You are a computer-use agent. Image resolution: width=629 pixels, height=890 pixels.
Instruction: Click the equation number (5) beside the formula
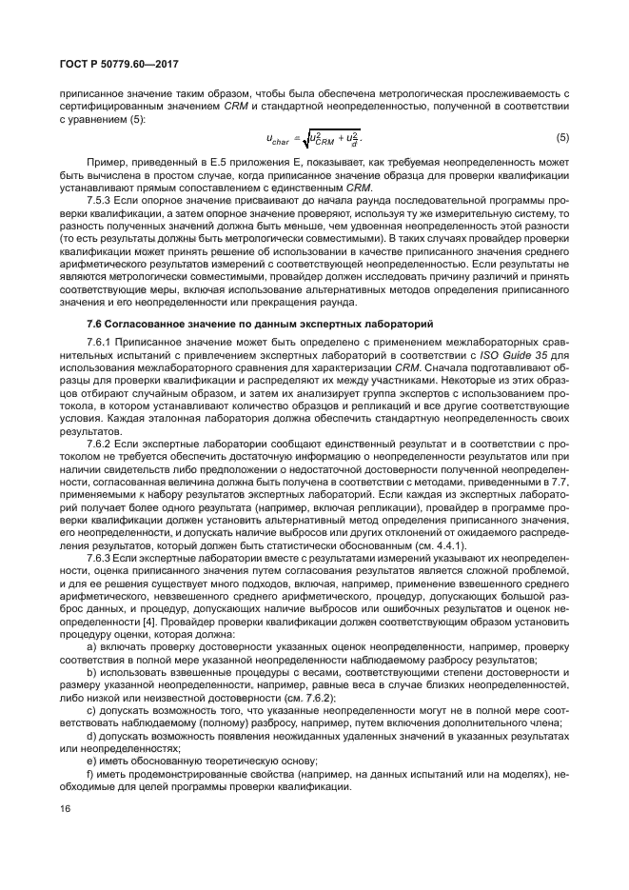[x=562, y=138]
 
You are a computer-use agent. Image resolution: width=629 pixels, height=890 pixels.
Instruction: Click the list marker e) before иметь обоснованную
[x=91, y=760]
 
